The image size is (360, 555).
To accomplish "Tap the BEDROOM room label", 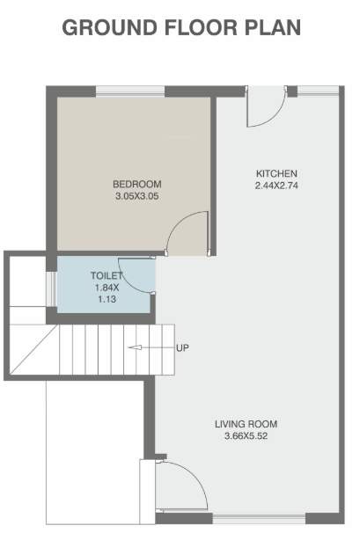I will click(x=137, y=184).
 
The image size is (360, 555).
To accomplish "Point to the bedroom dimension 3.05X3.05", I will click(x=137, y=196).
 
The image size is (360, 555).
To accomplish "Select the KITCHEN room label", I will click(x=276, y=172).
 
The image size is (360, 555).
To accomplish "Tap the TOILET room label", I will click(x=107, y=276).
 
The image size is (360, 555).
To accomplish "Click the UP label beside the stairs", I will click(x=183, y=347).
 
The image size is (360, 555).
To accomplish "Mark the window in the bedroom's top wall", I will click(x=129, y=89).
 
